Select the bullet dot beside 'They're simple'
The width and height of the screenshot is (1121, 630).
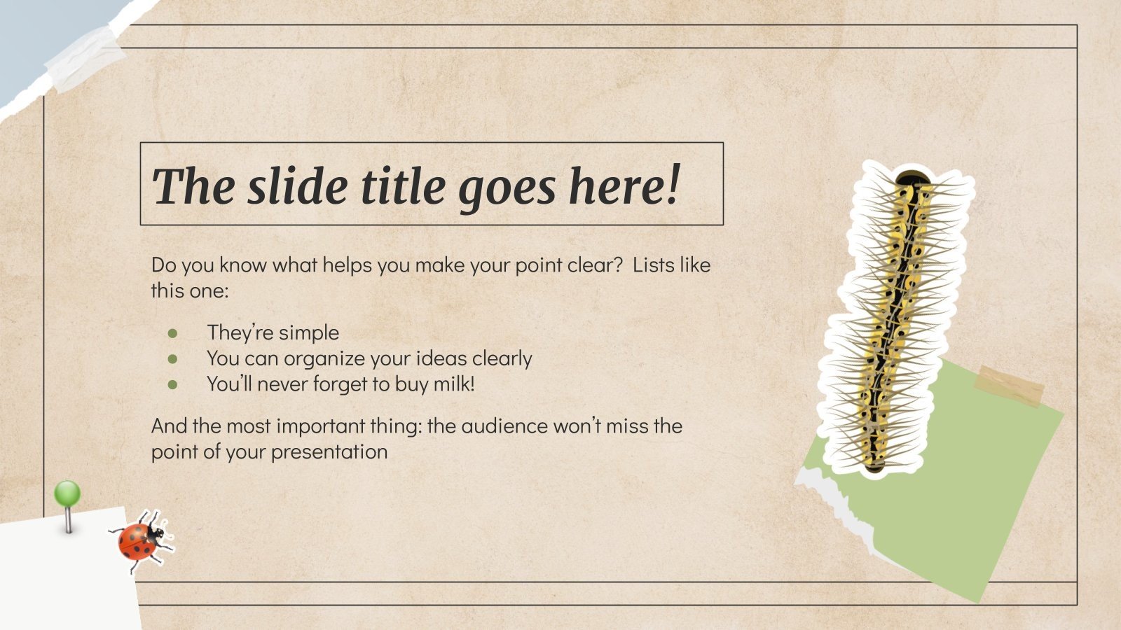[x=173, y=333]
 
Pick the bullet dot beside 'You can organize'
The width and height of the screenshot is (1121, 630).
[x=173, y=359]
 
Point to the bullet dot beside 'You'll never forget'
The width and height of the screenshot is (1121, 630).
[x=173, y=385]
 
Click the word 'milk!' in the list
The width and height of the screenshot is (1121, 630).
[x=453, y=384]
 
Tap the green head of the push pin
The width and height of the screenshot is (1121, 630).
[x=67, y=493]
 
